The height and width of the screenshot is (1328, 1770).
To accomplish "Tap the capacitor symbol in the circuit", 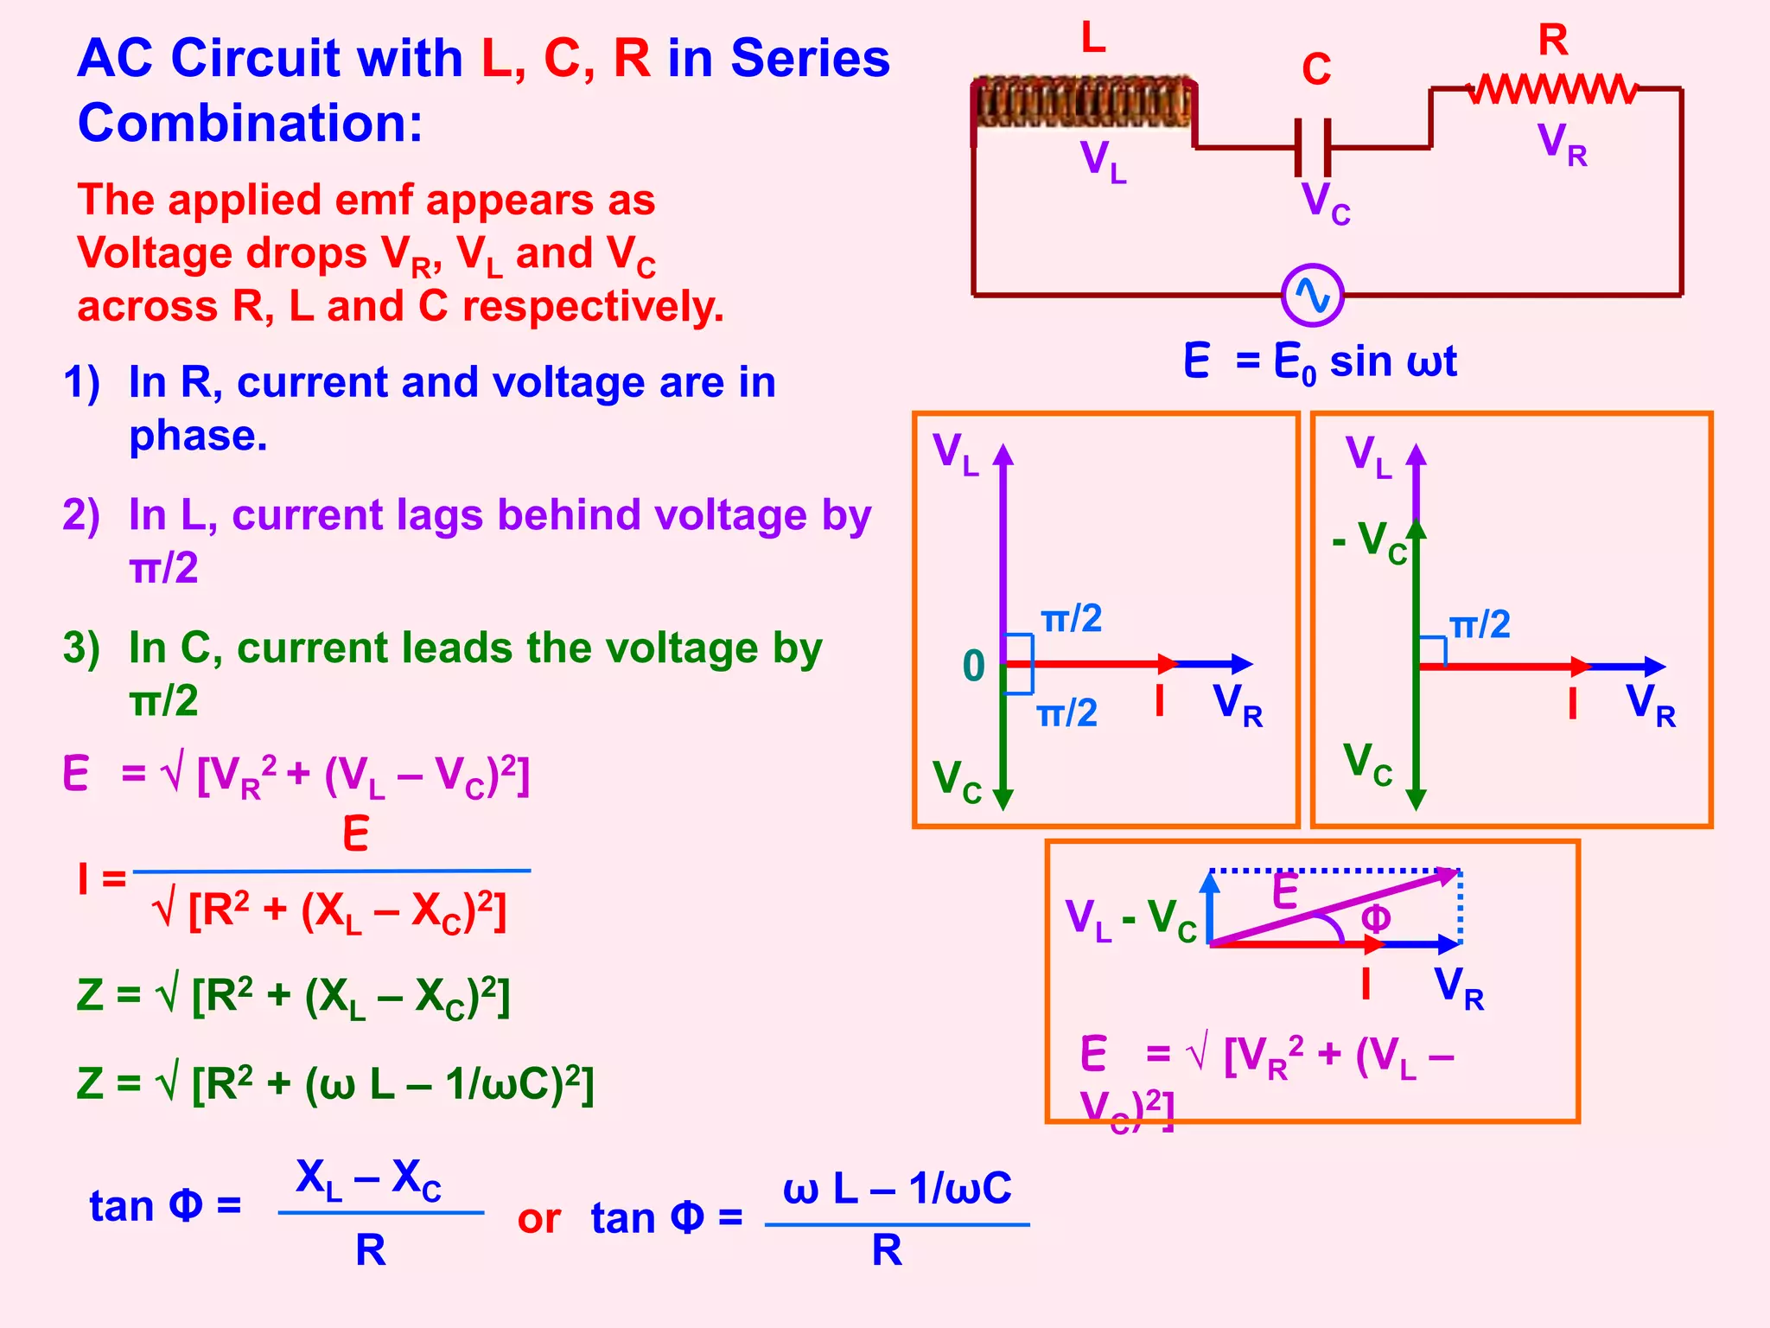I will coord(1312,148).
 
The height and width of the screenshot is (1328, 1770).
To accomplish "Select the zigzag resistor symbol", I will coord(1553,88).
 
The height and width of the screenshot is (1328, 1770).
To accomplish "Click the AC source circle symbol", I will coord(1312,295).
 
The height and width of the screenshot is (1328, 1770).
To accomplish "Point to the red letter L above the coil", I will coord(1093,38).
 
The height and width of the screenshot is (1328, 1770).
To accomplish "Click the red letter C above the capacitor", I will coord(1316,69).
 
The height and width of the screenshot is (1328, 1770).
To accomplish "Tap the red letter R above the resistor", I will coord(1553,40).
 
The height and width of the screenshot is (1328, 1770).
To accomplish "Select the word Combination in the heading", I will coord(250,123).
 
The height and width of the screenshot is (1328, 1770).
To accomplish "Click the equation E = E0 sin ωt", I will coord(1320,361).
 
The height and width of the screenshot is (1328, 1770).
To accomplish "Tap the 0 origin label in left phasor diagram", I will coord(974,666).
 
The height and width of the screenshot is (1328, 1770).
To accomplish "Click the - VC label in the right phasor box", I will coord(1370,541).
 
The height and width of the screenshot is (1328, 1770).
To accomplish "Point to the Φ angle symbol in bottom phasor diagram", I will coord(1376,917).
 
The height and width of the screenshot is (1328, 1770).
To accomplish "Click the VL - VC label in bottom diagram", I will coord(1130,919).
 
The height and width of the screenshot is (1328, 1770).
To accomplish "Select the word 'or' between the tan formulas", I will coord(538,1219).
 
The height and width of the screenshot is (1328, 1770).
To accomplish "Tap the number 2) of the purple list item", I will coord(81,515).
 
